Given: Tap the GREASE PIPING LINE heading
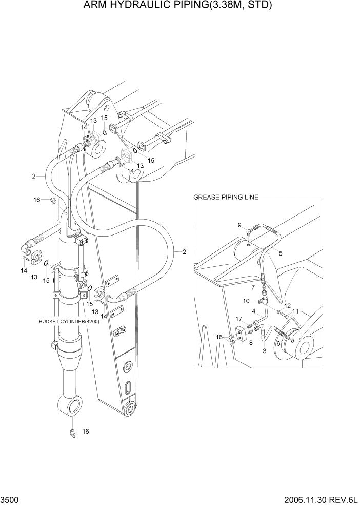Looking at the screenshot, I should pos(226,197).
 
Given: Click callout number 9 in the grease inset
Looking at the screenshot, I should pos(239,225).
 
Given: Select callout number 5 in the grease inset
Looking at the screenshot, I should pos(281,252).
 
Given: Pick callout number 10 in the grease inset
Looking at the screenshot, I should pos(246,301).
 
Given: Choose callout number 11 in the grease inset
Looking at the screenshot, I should pos(295,311).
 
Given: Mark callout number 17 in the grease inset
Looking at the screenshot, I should pos(239,319).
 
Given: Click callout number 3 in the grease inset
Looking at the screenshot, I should pos(265,351).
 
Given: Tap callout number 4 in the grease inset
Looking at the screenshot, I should pos(253,311).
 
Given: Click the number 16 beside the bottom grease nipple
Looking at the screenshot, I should pos(86,432).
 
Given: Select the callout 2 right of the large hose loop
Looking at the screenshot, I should pos(184,251).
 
